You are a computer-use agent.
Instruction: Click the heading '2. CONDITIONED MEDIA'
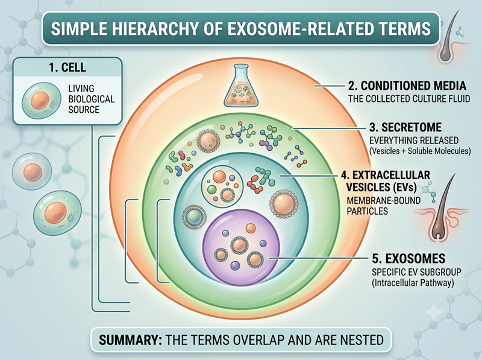point(407,86)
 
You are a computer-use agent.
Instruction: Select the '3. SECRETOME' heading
point(405,127)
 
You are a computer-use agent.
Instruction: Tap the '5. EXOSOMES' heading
point(408,259)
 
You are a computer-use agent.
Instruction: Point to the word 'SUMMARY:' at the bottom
point(131,340)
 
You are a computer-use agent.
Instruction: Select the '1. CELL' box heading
point(67,68)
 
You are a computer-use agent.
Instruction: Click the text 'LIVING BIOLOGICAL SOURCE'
point(92,99)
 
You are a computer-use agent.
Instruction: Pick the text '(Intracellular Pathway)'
point(413,283)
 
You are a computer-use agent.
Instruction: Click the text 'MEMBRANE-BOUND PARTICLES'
point(384,206)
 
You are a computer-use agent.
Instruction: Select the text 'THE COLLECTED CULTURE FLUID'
point(409,99)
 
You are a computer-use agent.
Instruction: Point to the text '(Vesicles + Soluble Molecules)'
point(420,151)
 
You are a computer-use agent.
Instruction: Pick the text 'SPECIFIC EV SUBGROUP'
point(416,273)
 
